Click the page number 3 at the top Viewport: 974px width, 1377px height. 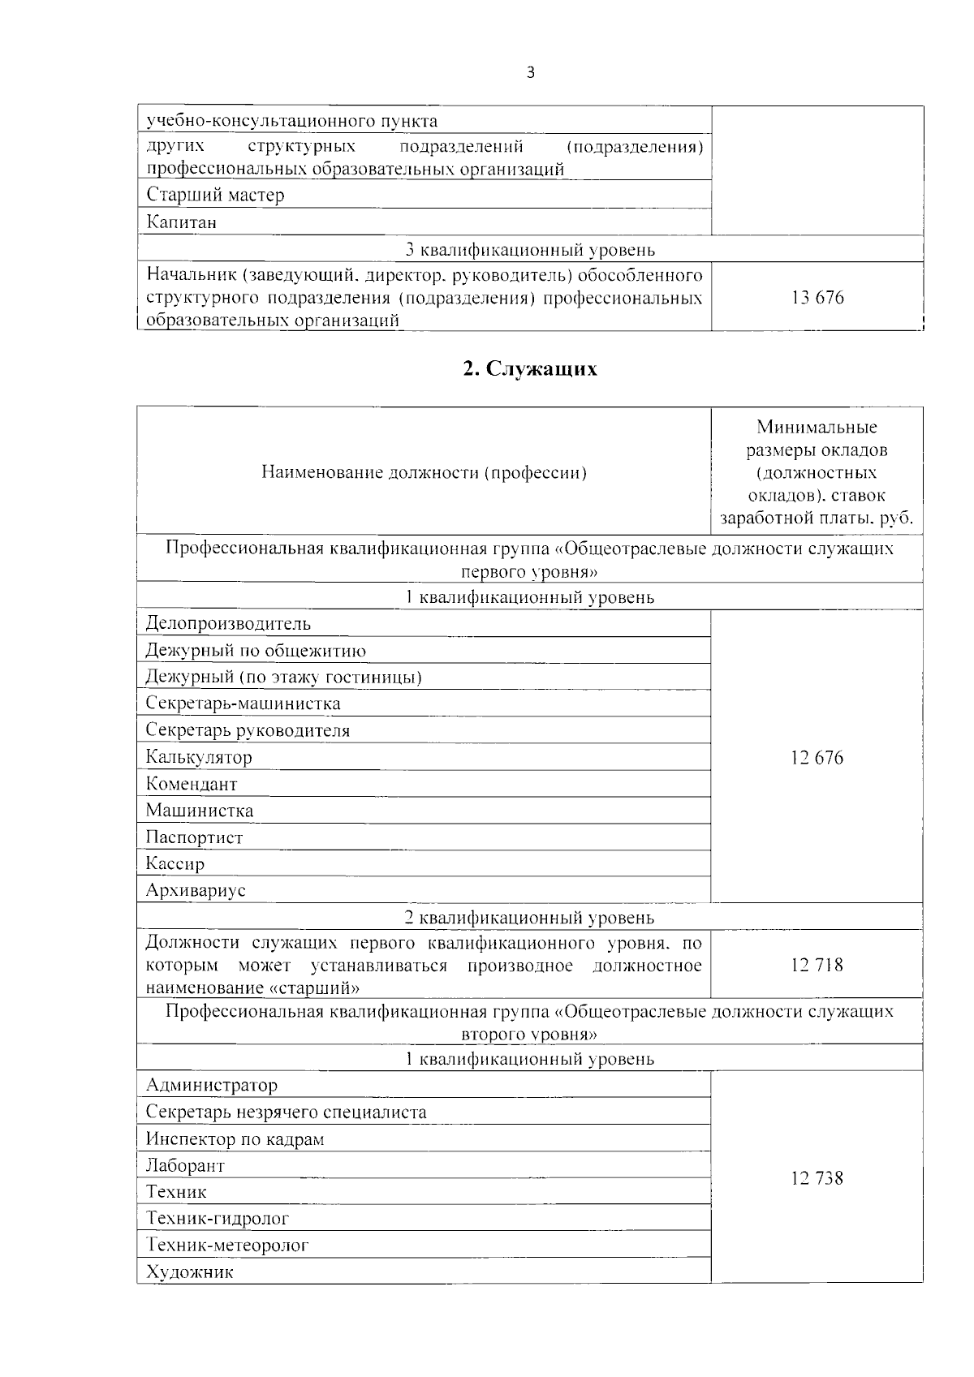(x=531, y=73)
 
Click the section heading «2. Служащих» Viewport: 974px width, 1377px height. (x=530, y=369)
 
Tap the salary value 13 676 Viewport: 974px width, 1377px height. (x=817, y=298)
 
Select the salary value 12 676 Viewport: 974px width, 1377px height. (x=817, y=758)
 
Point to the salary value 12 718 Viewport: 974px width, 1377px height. (x=817, y=965)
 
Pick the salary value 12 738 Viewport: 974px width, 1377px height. (x=817, y=1178)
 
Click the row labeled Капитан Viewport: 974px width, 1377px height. (x=182, y=222)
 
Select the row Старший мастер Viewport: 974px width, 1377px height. (x=215, y=196)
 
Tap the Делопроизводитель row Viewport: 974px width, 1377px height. (x=228, y=624)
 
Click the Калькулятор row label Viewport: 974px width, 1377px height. (x=199, y=758)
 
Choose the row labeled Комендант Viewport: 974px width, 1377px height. (x=192, y=785)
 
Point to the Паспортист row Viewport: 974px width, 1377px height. (x=194, y=837)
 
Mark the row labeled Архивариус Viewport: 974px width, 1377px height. (x=196, y=890)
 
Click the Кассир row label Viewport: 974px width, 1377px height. (x=175, y=864)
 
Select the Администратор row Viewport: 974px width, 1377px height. (x=211, y=1086)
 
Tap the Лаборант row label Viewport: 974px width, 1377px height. (x=185, y=1166)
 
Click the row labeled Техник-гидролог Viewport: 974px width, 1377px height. (x=217, y=1219)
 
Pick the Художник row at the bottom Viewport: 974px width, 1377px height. (x=189, y=1272)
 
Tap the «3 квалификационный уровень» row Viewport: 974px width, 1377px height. (x=530, y=250)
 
